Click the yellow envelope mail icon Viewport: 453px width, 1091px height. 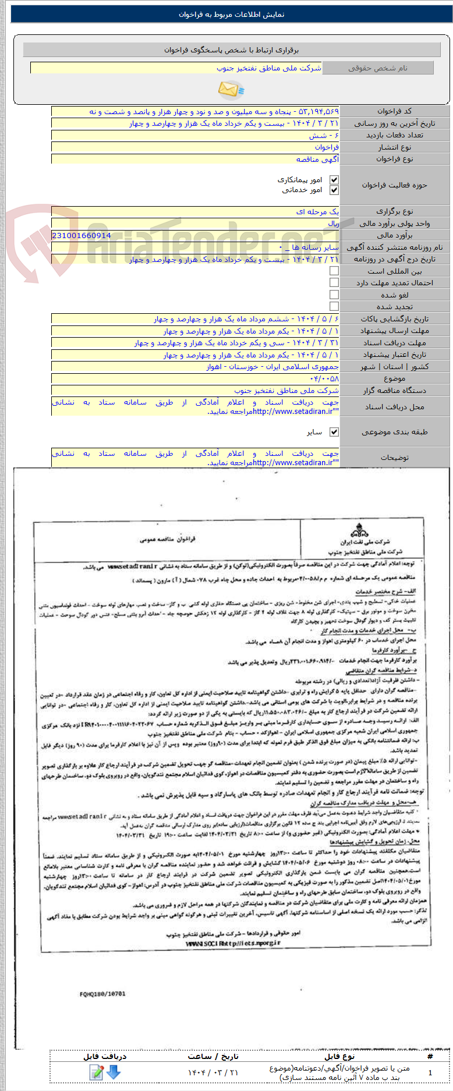coord(231,89)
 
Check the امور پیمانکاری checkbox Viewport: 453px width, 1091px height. coord(334,180)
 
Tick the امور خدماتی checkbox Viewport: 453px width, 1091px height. coord(334,190)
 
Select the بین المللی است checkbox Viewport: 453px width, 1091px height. coord(334,271)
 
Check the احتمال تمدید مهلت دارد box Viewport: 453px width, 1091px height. coord(334,283)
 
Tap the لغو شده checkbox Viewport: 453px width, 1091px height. coord(334,295)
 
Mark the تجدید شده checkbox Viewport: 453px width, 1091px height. coord(334,306)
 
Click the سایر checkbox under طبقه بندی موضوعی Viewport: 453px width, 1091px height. coord(334,432)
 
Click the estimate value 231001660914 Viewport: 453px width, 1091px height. coord(82,236)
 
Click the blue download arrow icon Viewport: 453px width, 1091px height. coord(114,1072)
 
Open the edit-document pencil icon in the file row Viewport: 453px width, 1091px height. coord(97,1072)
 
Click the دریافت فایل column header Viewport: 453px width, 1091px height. coord(105,1056)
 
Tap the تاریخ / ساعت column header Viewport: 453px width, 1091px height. coord(213,1056)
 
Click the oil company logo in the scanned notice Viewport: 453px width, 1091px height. coord(359,530)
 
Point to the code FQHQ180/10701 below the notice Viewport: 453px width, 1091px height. coord(102,994)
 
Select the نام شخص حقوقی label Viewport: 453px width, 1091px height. coord(378,68)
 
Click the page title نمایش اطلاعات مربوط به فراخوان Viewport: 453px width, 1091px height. coord(232,15)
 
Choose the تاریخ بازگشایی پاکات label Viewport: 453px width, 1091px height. coord(395,319)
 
